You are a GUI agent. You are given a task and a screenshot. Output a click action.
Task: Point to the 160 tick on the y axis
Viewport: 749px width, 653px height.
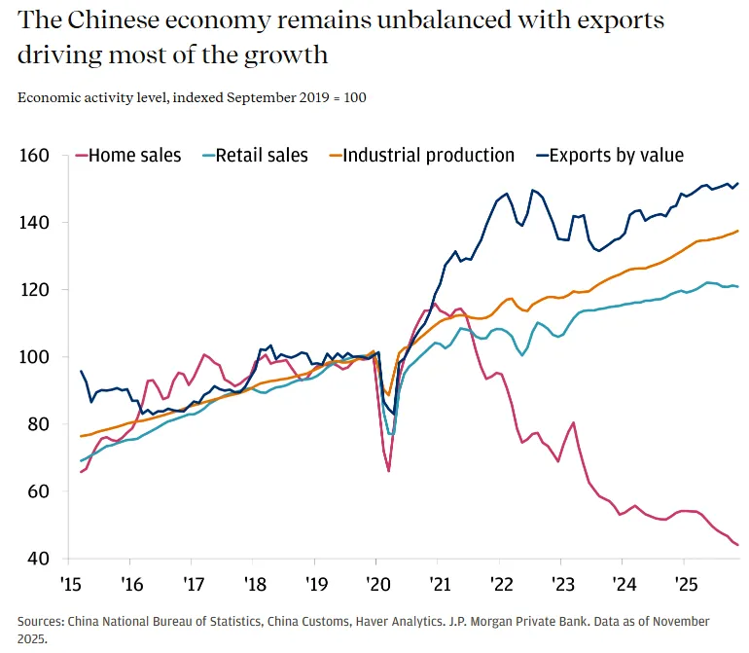pyautogui.click(x=35, y=156)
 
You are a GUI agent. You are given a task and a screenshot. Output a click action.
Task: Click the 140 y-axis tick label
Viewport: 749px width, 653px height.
pyautogui.click(x=35, y=223)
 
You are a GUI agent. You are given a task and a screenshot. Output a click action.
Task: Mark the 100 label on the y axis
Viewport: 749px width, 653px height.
pyautogui.click(x=35, y=357)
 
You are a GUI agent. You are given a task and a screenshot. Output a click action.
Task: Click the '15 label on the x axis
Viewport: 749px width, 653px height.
pyautogui.click(x=71, y=585)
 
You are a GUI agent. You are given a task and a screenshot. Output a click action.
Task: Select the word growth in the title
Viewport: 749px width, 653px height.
pyautogui.click(x=286, y=55)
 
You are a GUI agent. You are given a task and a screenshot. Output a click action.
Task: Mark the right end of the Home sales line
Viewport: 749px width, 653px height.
pyautogui.click(x=737, y=545)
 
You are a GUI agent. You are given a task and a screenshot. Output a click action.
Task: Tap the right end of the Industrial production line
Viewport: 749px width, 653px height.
pyautogui.click(x=738, y=231)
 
